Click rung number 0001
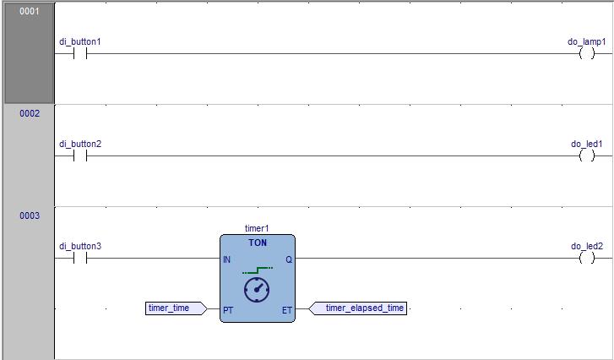click(x=29, y=12)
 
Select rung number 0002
click(x=29, y=113)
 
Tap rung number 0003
click(x=29, y=215)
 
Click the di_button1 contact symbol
click(x=80, y=53)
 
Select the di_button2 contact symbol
click(x=80, y=155)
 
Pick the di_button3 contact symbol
click(x=80, y=259)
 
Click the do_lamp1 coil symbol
click(x=587, y=53)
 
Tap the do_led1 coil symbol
click(x=587, y=155)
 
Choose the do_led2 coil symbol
click(x=587, y=259)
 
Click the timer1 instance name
click(x=257, y=228)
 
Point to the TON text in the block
click(x=258, y=243)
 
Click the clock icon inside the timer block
click(x=257, y=290)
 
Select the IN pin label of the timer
click(x=227, y=259)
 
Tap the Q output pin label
click(x=288, y=259)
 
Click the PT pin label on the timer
click(x=228, y=310)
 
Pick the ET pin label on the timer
click(x=286, y=310)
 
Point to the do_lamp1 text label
click(x=587, y=41)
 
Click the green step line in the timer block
click(x=257, y=270)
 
